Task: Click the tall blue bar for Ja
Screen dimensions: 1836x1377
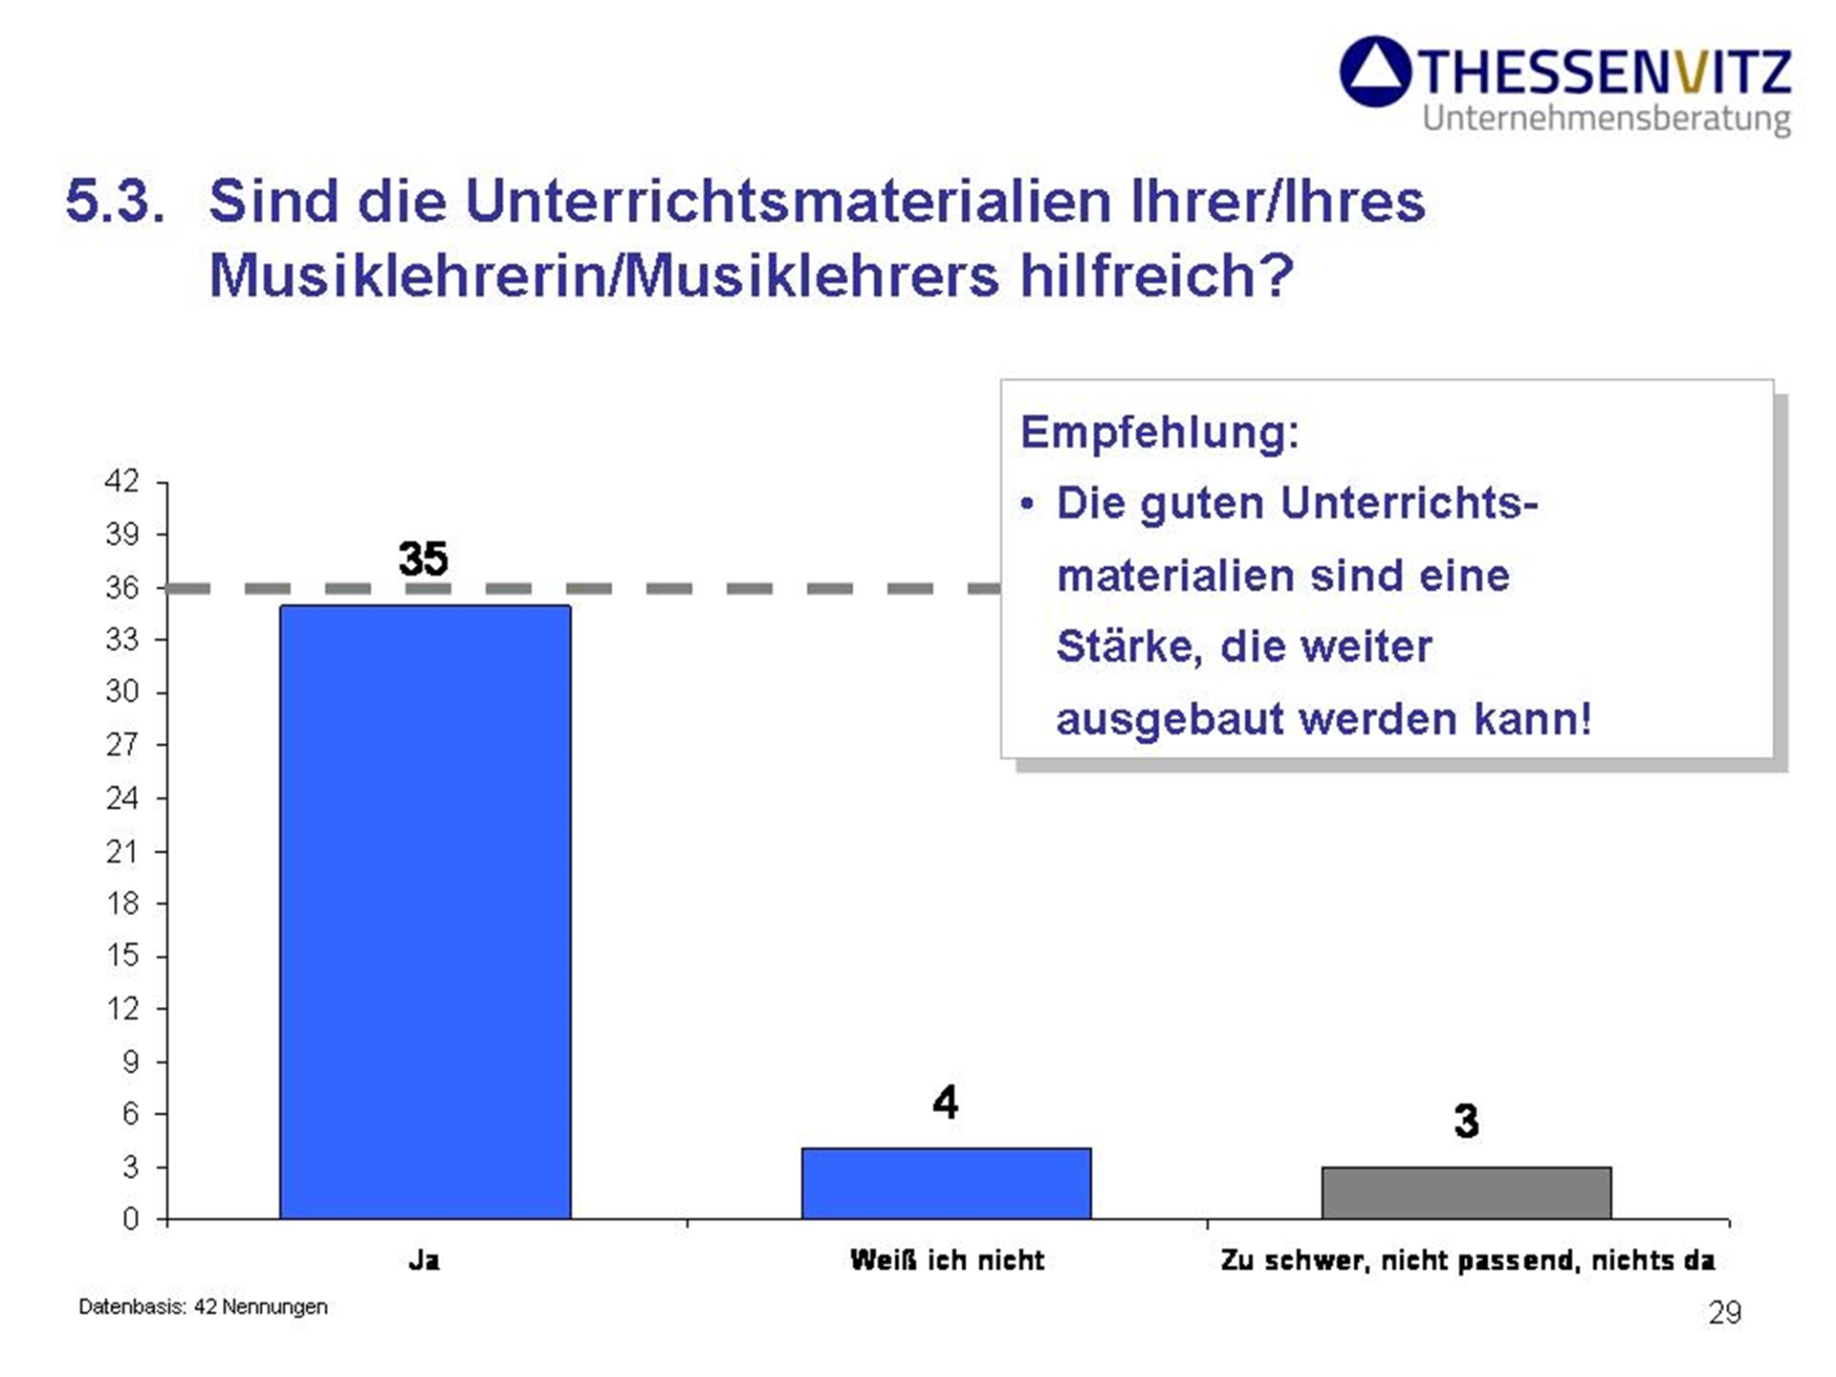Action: (426, 911)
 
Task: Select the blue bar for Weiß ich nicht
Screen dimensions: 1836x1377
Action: (946, 1183)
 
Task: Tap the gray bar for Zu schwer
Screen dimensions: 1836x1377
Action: (1467, 1192)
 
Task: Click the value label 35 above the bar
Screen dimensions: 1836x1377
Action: (423, 558)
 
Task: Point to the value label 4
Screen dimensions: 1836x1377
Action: (945, 1102)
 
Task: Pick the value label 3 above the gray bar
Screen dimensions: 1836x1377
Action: (1466, 1121)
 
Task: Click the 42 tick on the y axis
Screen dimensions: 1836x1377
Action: (121, 481)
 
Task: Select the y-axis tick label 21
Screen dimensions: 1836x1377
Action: (122, 851)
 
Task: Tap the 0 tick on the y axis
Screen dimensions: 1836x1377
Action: (130, 1219)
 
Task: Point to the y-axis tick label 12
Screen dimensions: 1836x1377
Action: (122, 1008)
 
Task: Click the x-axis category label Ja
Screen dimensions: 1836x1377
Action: (425, 1260)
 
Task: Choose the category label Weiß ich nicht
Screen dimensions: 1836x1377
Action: (947, 1260)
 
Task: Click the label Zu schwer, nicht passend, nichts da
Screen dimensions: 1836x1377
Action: (1468, 1261)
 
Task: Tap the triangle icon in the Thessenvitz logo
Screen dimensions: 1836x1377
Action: (1375, 72)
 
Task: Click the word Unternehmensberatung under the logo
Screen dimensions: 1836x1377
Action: (1606, 119)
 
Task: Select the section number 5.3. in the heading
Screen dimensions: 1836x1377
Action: (115, 202)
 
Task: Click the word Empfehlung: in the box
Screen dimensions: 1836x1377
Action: (1160, 432)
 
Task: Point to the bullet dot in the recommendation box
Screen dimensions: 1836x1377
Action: (1027, 504)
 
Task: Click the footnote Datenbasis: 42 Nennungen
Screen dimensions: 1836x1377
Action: (203, 1307)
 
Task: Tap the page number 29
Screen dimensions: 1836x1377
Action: (1725, 1313)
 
